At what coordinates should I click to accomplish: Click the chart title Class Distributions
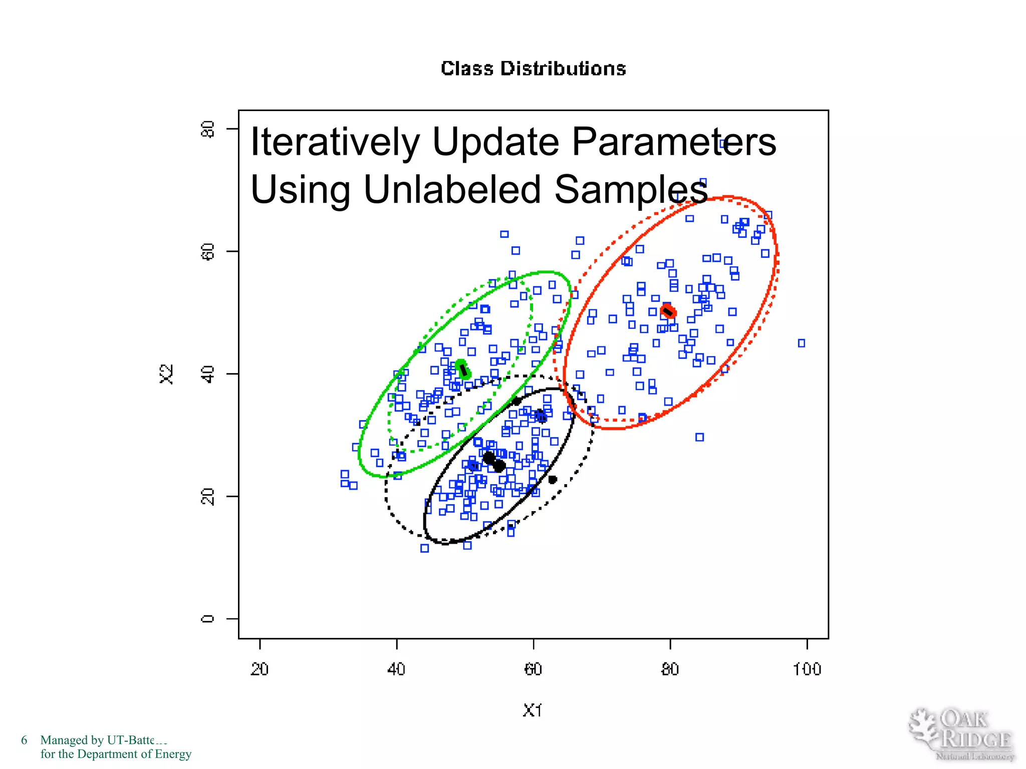click(533, 69)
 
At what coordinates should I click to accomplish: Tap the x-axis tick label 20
click(260, 669)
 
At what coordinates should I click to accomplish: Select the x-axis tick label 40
click(396, 669)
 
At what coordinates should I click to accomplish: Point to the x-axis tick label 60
click(533, 669)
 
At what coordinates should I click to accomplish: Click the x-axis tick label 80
click(670, 669)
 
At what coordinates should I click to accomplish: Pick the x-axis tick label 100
click(807, 669)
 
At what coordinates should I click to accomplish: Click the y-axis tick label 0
click(207, 619)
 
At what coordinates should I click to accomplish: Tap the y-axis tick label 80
click(207, 129)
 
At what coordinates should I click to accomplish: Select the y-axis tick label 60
click(207, 251)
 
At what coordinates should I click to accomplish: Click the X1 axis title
click(532, 710)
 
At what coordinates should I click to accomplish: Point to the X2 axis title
click(166, 374)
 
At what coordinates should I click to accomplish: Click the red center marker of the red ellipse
click(668, 311)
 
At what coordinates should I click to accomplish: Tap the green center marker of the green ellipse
click(463, 369)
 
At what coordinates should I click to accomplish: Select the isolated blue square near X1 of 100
click(802, 343)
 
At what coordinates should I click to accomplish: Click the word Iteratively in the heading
click(335, 142)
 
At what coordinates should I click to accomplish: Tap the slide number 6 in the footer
click(24, 740)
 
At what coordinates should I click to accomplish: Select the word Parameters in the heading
click(673, 142)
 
